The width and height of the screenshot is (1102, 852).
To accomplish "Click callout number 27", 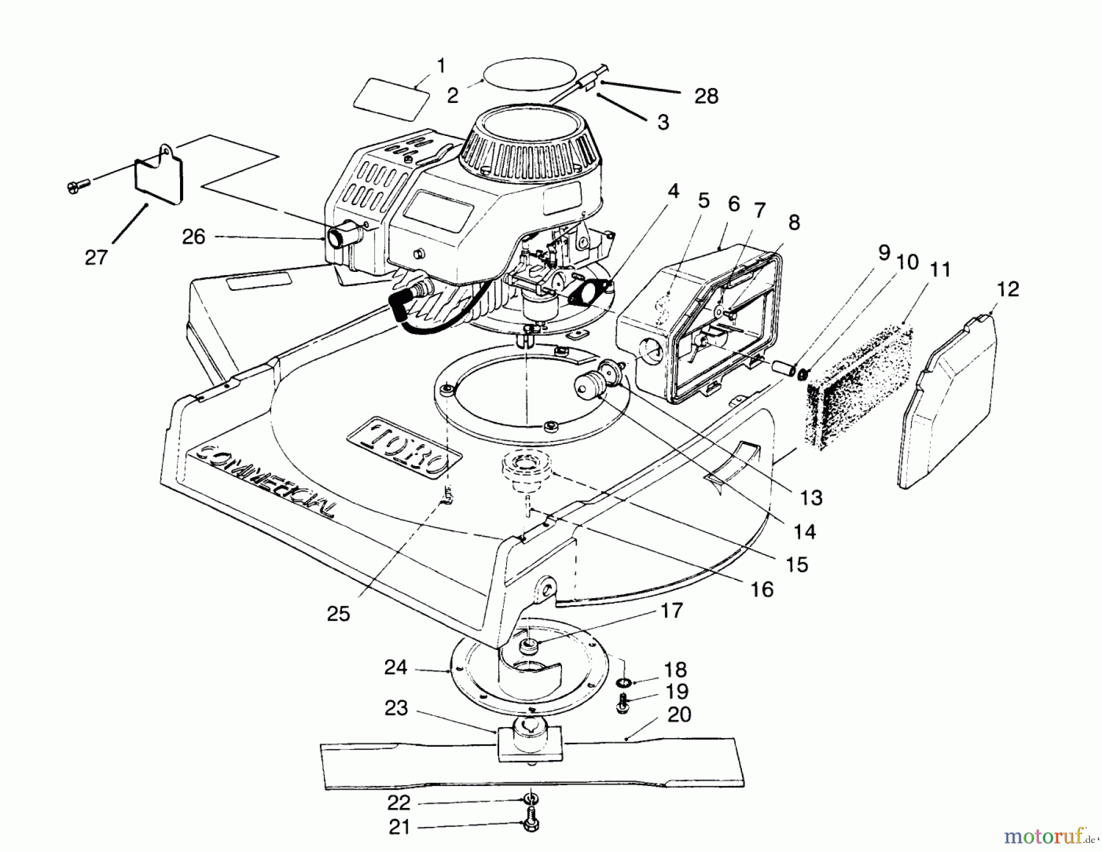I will (x=96, y=257).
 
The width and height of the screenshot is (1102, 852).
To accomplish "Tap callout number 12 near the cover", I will (x=1008, y=288).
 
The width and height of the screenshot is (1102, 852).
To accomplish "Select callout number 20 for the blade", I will (x=680, y=714).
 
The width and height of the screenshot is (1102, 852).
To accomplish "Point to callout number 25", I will (x=338, y=614).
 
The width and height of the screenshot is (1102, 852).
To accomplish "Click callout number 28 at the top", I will (x=707, y=96).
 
